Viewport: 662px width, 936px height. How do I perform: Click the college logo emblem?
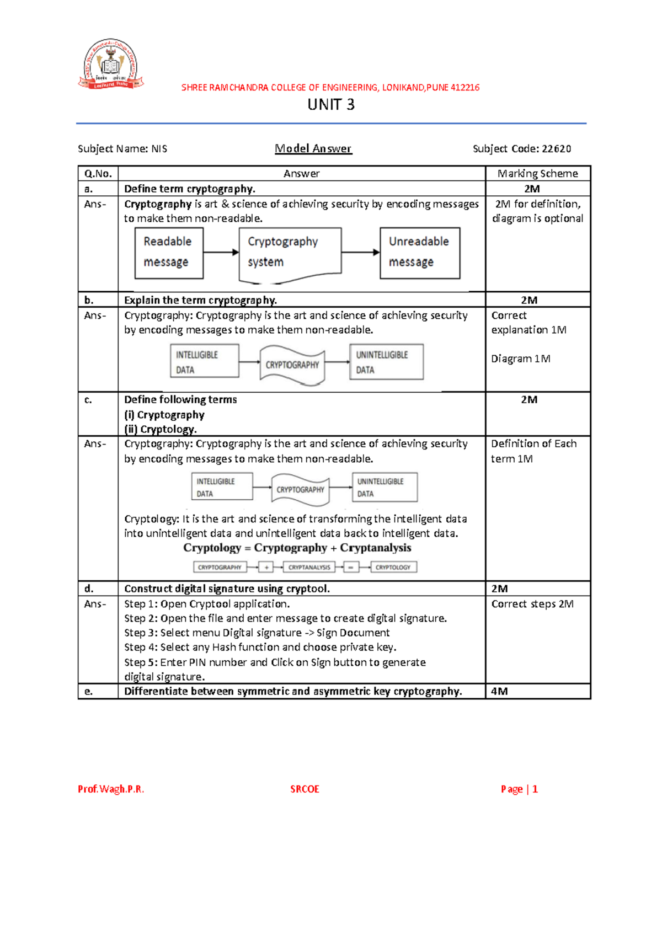tap(111, 64)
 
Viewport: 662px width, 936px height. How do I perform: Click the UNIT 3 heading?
tap(331, 105)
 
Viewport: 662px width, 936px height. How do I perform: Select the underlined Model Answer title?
tap(313, 148)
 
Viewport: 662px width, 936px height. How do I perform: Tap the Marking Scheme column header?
tap(538, 174)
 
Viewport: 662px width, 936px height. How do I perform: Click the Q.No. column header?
tap(98, 174)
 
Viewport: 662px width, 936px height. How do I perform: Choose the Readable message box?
tap(169, 253)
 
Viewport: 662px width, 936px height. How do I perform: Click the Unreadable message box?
tap(420, 253)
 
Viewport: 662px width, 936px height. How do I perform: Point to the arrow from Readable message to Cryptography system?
tap(221, 253)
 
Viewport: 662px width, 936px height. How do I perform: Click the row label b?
tap(89, 300)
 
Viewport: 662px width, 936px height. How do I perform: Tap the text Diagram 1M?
tap(521, 359)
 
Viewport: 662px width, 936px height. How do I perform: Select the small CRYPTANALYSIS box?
tap(309, 567)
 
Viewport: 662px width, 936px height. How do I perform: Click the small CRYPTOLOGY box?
tap(393, 567)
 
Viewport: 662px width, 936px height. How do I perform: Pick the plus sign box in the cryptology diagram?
tap(266, 567)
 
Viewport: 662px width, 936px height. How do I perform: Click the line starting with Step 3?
tap(257, 633)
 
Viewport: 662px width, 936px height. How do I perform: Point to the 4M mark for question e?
tap(499, 692)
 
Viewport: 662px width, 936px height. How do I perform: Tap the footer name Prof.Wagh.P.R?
tap(111, 789)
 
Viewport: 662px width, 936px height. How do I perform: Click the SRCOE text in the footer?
tap(305, 789)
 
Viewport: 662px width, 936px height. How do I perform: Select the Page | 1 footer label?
tap(519, 789)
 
